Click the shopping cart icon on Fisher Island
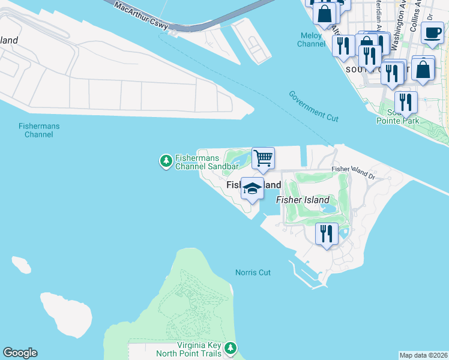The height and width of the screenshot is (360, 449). (x=263, y=159)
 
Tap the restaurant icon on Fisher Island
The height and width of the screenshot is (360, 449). (x=327, y=233)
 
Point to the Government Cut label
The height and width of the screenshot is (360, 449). (x=313, y=106)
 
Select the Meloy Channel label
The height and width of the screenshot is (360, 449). (x=312, y=40)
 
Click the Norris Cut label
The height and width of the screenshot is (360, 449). (x=253, y=272)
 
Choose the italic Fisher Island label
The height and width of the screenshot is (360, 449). (x=303, y=200)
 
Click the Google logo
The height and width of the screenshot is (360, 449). (x=20, y=353)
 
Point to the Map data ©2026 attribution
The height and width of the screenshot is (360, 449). (x=424, y=355)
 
